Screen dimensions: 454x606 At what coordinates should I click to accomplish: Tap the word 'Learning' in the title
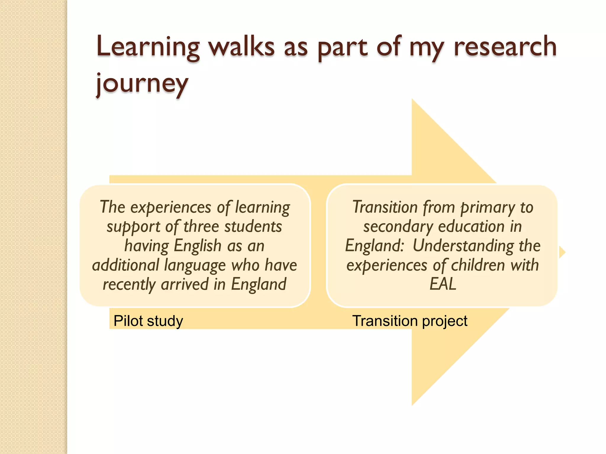148,47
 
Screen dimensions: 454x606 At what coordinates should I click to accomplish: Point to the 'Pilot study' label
148,321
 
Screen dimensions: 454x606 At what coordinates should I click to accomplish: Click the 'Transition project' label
410,321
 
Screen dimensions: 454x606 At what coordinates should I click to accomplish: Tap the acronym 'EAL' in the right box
443,284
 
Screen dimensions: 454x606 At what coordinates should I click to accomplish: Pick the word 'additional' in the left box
126,265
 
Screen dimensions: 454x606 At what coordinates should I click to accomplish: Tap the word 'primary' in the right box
488,207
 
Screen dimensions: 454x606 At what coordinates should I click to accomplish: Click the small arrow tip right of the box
563,252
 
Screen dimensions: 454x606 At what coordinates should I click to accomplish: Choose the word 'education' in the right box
471,227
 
